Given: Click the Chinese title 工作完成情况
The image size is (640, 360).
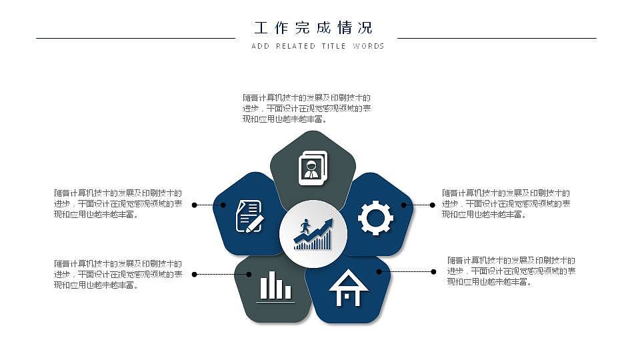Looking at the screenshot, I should pos(313,28).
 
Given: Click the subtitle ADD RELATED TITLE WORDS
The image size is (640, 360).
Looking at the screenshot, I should pos(318,46).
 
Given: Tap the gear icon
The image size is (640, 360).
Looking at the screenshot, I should pos(375,217).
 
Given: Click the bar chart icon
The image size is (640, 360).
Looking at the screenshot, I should pos(275,286).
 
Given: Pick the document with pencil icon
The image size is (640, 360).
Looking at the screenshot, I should pos(249,217).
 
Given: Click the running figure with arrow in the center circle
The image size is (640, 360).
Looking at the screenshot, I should pos(313,234).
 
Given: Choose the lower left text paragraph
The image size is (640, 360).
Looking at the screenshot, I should pos(118,275).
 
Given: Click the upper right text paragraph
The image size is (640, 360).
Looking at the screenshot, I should pos(505,203).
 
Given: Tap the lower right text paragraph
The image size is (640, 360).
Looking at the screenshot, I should pos(511,271).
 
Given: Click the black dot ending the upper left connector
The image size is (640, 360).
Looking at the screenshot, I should pos(194,205).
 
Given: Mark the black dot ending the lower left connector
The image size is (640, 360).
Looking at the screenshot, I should pos(194,274).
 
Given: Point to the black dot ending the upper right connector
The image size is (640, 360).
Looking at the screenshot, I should pos(433,205).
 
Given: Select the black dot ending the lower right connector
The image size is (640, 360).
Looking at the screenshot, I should pos(434,271).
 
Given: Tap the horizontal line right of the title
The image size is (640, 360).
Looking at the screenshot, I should pos(497,38).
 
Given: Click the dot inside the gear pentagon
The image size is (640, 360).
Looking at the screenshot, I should pos(404,205).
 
